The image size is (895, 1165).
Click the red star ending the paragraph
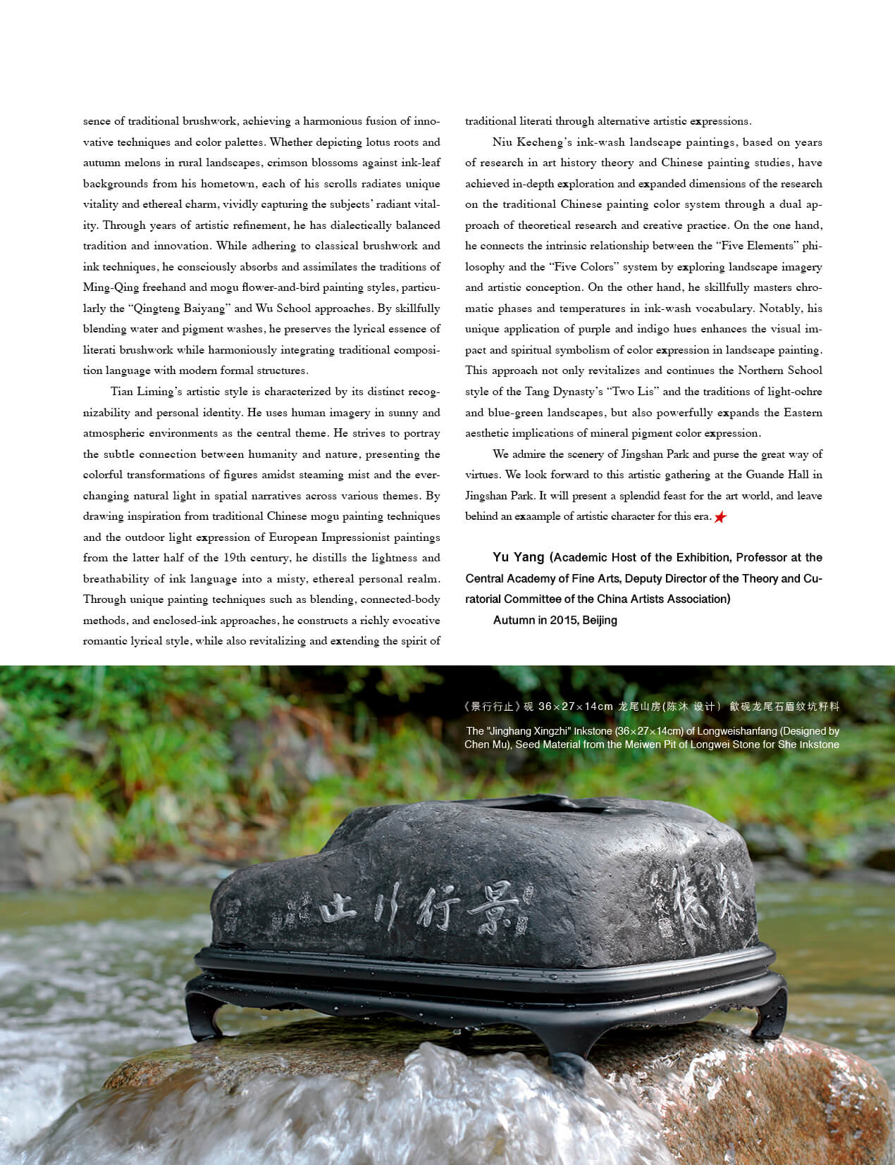(x=720, y=518)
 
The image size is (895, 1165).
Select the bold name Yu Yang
(x=519, y=558)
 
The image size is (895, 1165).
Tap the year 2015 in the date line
(x=562, y=621)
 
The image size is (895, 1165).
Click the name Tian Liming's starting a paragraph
(x=146, y=392)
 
